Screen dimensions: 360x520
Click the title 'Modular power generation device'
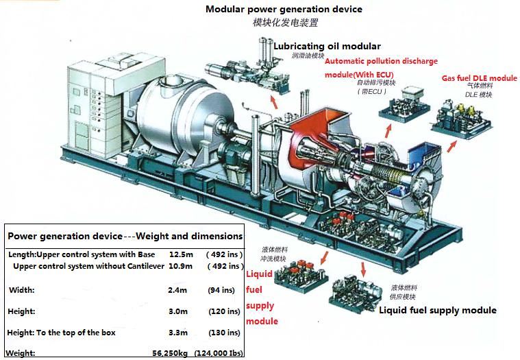pos(284,9)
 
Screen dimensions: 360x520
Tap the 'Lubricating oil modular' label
pos(327,46)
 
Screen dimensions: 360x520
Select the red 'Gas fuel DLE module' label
pos(479,78)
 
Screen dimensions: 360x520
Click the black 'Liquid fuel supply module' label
pos(438,311)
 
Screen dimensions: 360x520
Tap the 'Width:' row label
pos(21,290)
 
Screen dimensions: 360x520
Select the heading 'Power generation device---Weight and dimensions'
pos(125,236)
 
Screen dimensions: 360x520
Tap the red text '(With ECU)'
pos(373,73)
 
